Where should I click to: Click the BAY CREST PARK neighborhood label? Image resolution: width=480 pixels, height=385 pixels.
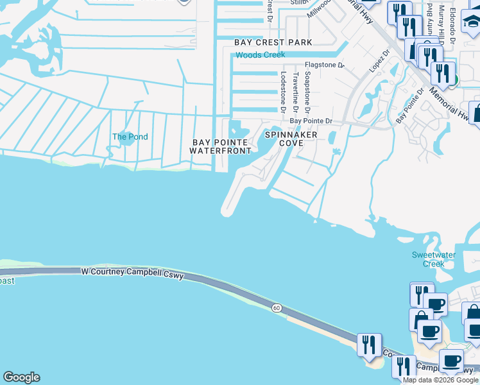click(x=273, y=42)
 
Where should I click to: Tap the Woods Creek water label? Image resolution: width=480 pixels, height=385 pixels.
click(x=260, y=55)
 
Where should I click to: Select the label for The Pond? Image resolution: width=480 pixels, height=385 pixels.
click(x=130, y=137)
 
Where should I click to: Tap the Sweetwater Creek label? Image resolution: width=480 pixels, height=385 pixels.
click(x=434, y=259)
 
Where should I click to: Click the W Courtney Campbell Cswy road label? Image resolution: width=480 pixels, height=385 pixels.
click(x=132, y=274)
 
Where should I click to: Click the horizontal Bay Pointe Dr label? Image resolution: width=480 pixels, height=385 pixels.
click(x=311, y=121)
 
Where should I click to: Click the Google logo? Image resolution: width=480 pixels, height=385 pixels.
click(x=21, y=377)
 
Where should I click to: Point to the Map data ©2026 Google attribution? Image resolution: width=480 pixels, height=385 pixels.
click(x=440, y=380)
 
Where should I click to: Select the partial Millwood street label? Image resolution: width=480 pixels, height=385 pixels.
click(x=319, y=9)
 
